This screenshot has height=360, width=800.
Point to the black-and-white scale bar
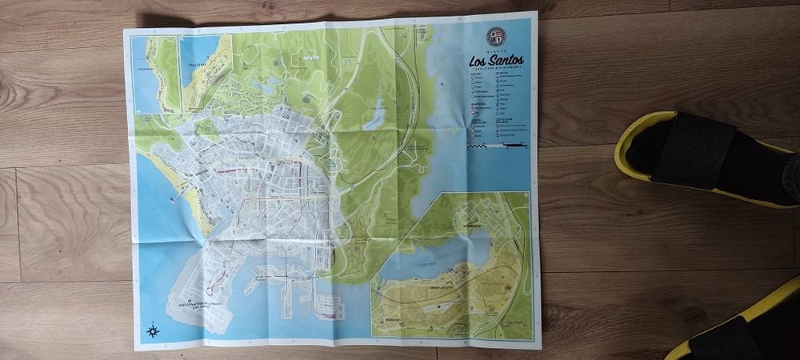(x=498, y=146)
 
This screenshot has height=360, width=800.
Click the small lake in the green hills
(x=374, y=118)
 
